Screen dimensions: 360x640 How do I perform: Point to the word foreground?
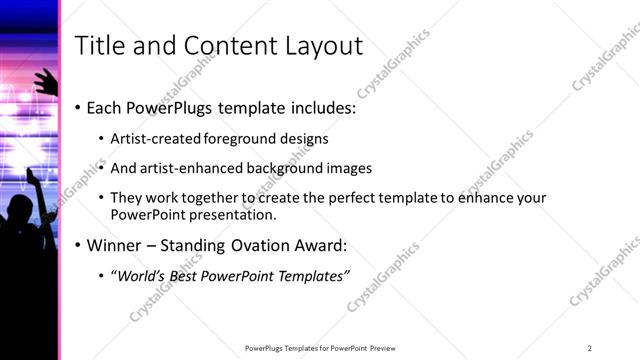[x=236, y=139]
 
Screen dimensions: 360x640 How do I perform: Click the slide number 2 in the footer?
[x=590, y=348]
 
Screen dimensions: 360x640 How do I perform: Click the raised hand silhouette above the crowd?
[x=43, y=80]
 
